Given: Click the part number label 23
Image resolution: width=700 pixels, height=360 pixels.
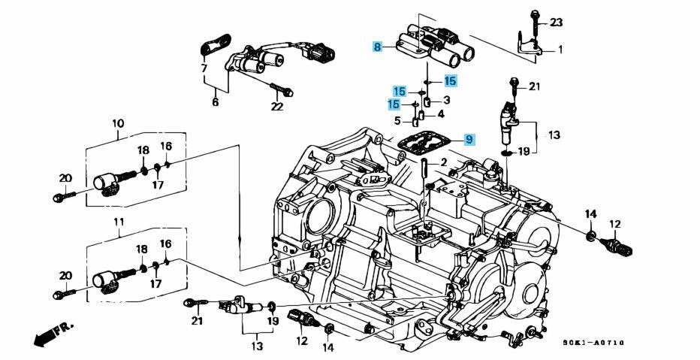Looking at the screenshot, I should [555, 23].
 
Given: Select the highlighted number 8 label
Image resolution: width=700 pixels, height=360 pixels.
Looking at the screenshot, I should [377, 47].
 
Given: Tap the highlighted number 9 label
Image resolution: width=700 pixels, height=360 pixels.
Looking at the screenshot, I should [468, 139].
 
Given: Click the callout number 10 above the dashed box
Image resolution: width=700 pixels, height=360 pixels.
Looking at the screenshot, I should [118, 123].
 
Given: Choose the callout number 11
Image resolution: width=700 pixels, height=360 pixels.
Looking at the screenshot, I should [118, 222].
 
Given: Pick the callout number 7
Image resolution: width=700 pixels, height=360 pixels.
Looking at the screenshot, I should [204, 69].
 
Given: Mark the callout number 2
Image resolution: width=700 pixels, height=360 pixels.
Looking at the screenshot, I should [444, 162].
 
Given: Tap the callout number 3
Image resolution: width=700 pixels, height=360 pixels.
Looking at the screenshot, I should [446, 100].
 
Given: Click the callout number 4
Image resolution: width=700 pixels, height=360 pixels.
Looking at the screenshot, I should [441, 114].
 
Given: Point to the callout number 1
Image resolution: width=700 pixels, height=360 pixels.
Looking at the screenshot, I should [560, 50].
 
